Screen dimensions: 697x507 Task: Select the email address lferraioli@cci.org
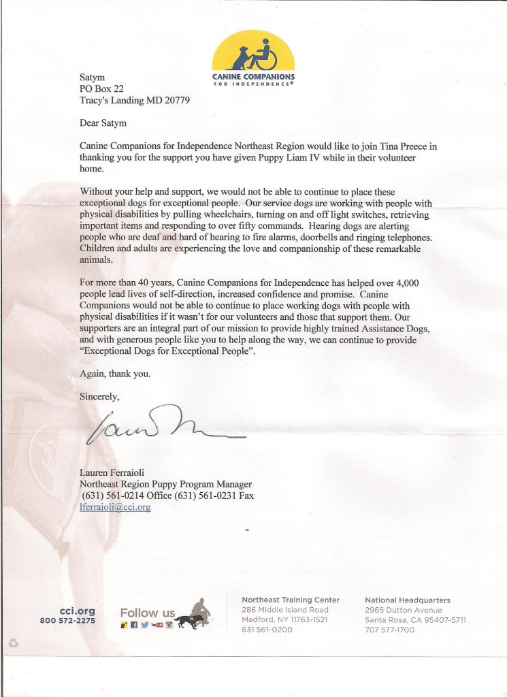(x=115, y=507)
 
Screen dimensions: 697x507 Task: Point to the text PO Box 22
(x=103, y=88)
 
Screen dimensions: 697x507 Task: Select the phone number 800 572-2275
(x=67, y=621)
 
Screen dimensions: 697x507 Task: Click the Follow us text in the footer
(x=147, y=613)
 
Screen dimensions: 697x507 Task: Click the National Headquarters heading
(x=407, y=600)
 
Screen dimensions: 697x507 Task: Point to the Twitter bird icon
(x=144, y=625)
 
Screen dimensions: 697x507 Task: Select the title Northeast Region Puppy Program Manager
(x=165, y=485)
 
